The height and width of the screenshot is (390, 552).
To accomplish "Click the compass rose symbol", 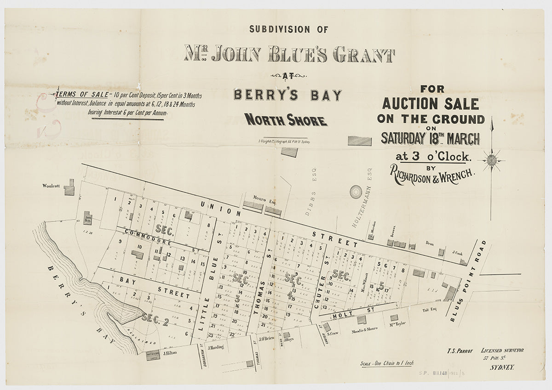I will coord(492,160).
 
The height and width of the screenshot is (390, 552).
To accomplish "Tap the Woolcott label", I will coord(52,186).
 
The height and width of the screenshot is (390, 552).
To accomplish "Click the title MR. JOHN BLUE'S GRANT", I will coord(289,54).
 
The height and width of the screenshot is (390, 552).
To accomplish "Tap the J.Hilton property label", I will coord(170,353).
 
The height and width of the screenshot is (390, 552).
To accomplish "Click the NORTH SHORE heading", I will coord(286,120).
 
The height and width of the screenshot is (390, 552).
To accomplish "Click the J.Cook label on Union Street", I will coord(456,252).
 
